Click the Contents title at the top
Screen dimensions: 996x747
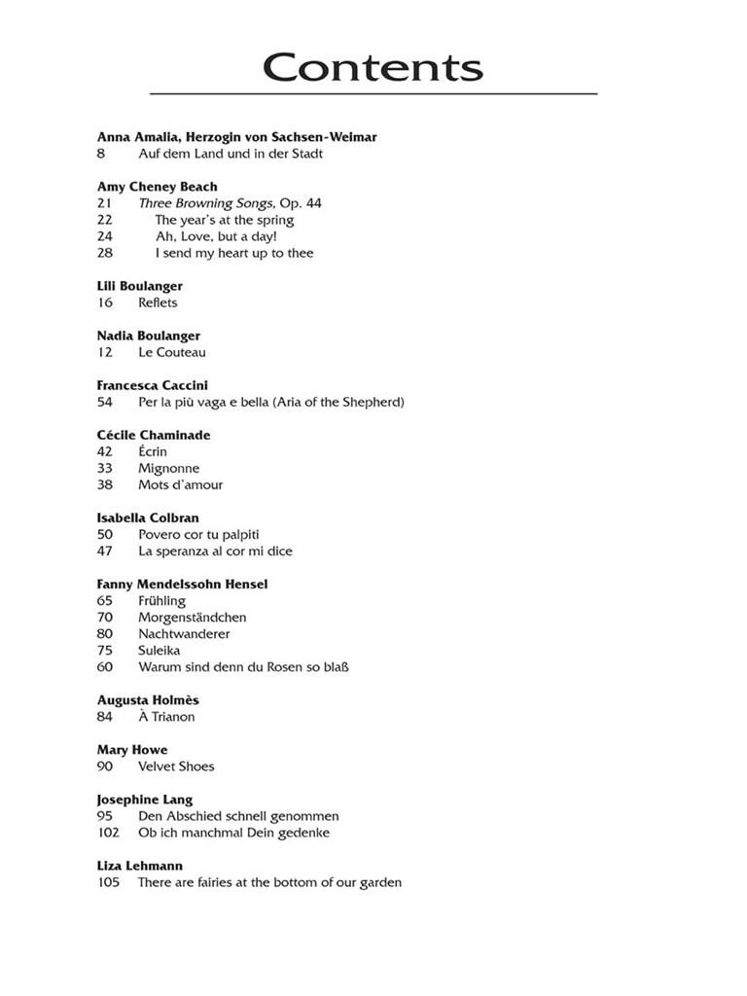point(373,68)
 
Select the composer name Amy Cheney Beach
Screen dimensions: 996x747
point(157,187)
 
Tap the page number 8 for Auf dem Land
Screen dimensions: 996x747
point(101,154)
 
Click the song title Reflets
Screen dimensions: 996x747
point(158,302)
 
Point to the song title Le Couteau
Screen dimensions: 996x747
point(171,352)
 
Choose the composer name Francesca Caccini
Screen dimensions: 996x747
point(152,385)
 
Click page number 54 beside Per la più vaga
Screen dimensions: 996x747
point(105,402)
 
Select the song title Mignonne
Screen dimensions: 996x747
point(168,468)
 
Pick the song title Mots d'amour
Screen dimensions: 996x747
point(180,484)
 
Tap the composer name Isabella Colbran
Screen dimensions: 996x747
point(148,517)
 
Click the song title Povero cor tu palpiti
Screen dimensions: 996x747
point(198,534)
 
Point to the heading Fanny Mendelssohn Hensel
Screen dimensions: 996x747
point(182,584)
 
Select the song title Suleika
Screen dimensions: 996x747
point(159,650)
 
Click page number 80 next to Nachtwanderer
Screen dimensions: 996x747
point(105,633)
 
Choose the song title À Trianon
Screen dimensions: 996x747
point(166,717)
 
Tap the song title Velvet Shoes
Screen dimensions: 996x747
point(176,766)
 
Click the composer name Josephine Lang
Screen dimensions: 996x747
point(145,800)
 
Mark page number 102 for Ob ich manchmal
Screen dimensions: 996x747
point(108,833)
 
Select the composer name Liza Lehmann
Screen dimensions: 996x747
point(140,866)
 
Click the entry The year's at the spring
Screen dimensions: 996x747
point(224,220)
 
